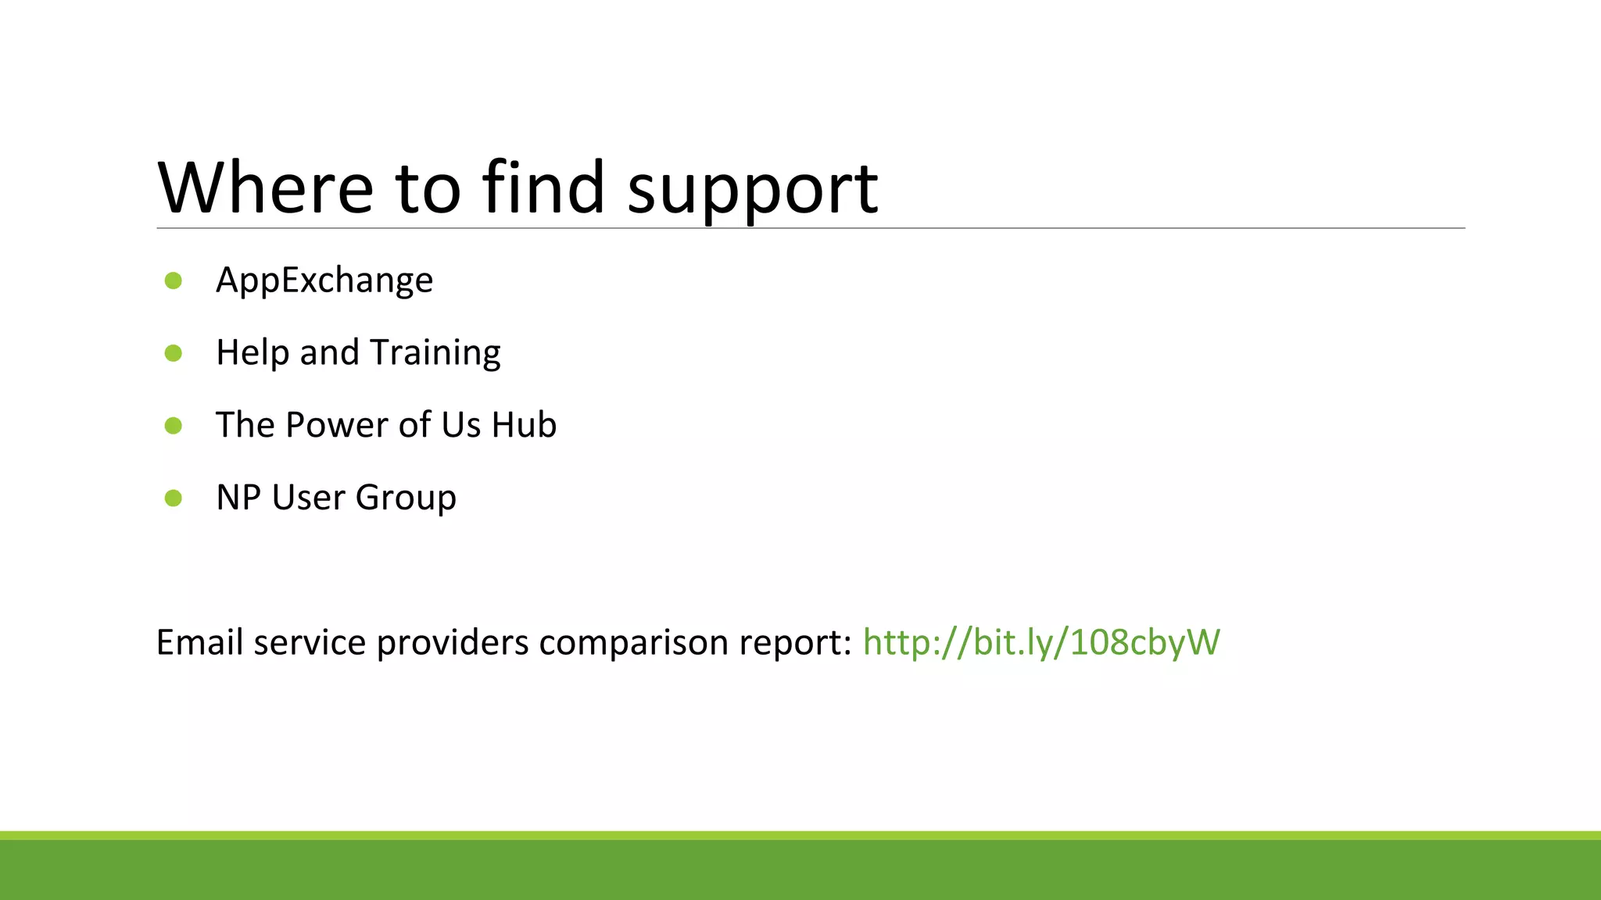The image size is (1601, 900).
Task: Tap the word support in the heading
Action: [x=752, y=190]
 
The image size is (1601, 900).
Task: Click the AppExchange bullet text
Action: [x=324, y=280]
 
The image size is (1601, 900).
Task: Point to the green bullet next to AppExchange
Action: [x=174, y=280]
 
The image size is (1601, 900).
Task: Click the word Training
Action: [x=435, y=353]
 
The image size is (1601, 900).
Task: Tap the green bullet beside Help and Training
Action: [x=174, y=353]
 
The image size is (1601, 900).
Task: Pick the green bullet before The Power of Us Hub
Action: [x=174, y=426]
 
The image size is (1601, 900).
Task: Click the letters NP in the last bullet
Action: [x=238, y=498]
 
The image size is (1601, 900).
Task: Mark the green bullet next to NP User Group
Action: [x=174, y=498]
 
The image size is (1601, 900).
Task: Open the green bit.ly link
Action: [x=1040, y=642]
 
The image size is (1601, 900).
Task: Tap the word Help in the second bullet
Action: [x=252, y=353]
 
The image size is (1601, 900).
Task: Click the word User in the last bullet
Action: [x=307, y=498]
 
